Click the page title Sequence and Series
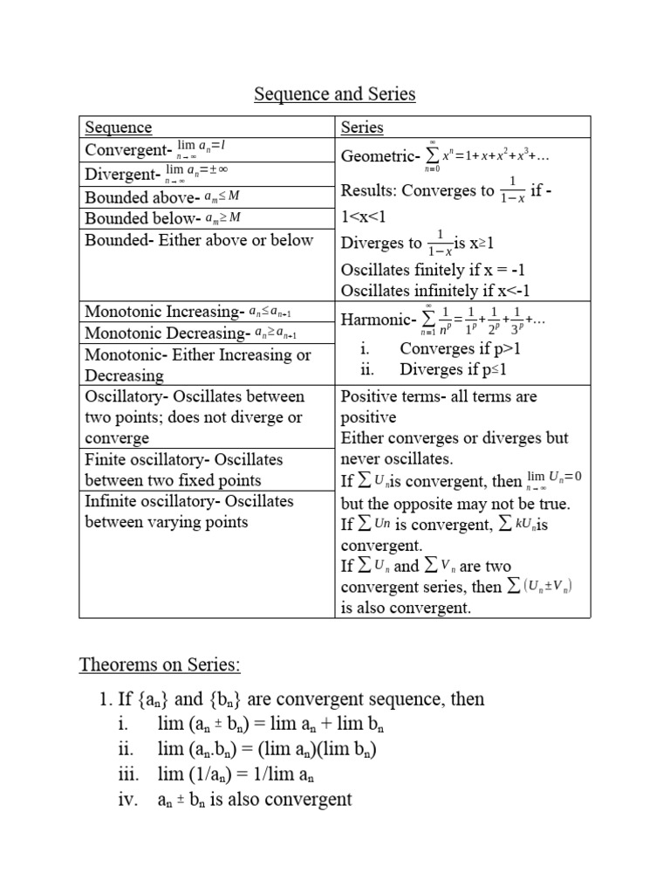coord(335,93)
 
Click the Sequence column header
coord(119,127)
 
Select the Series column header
coord(362,127)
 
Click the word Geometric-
coord(379,156)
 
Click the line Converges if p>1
coord(460,348)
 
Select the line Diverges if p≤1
coord(453,369)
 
